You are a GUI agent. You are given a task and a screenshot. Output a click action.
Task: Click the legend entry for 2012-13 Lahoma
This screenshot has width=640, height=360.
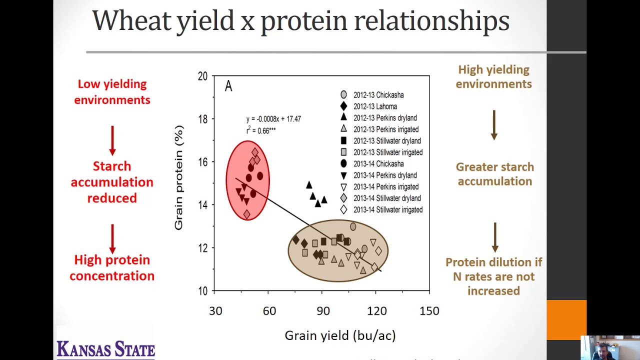click(375, 106)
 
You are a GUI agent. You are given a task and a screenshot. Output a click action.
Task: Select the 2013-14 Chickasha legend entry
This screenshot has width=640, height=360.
click(378, 164)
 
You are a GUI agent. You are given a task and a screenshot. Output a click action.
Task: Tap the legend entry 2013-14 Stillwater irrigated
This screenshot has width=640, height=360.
click(387, 210)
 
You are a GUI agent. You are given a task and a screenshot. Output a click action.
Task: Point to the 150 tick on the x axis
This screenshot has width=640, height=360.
click(429, 311)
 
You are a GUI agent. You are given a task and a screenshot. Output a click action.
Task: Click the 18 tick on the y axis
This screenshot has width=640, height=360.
click(202, 119)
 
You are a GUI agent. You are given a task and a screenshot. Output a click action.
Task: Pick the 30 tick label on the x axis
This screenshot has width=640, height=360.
click(215, 311)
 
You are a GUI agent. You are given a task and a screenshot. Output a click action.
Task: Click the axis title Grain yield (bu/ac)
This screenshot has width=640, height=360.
click(340, 335)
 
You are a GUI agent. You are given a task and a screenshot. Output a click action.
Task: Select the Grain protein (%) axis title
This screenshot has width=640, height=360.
click(178, 177)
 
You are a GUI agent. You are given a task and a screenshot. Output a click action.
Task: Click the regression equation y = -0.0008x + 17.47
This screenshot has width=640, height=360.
click(273, 119)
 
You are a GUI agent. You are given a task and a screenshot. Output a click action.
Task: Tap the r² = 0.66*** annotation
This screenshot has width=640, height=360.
click(260, 130)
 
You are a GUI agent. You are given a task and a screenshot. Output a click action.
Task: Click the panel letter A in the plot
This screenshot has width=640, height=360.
click(228, 86)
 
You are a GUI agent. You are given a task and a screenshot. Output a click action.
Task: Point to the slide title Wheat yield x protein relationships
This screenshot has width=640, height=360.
click(300, 21)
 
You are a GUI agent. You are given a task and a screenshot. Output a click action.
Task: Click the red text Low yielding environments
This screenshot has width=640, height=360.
click(112, 92)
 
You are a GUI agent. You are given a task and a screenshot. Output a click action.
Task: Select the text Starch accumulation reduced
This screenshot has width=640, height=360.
click(112, 182)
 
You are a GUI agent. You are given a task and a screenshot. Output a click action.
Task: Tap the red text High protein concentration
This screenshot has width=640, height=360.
click(112, 267)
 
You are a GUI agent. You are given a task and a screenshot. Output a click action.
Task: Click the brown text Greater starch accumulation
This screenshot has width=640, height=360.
click(494, 174)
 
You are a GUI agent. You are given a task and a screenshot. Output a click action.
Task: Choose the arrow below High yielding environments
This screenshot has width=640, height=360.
click(494, 125)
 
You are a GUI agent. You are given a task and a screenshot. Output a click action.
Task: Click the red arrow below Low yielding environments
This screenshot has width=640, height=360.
click(112, 140)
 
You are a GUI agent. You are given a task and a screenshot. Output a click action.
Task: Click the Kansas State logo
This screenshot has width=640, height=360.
click(105, 348)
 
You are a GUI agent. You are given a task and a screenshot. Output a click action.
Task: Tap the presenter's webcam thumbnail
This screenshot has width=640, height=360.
click(610, 347)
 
